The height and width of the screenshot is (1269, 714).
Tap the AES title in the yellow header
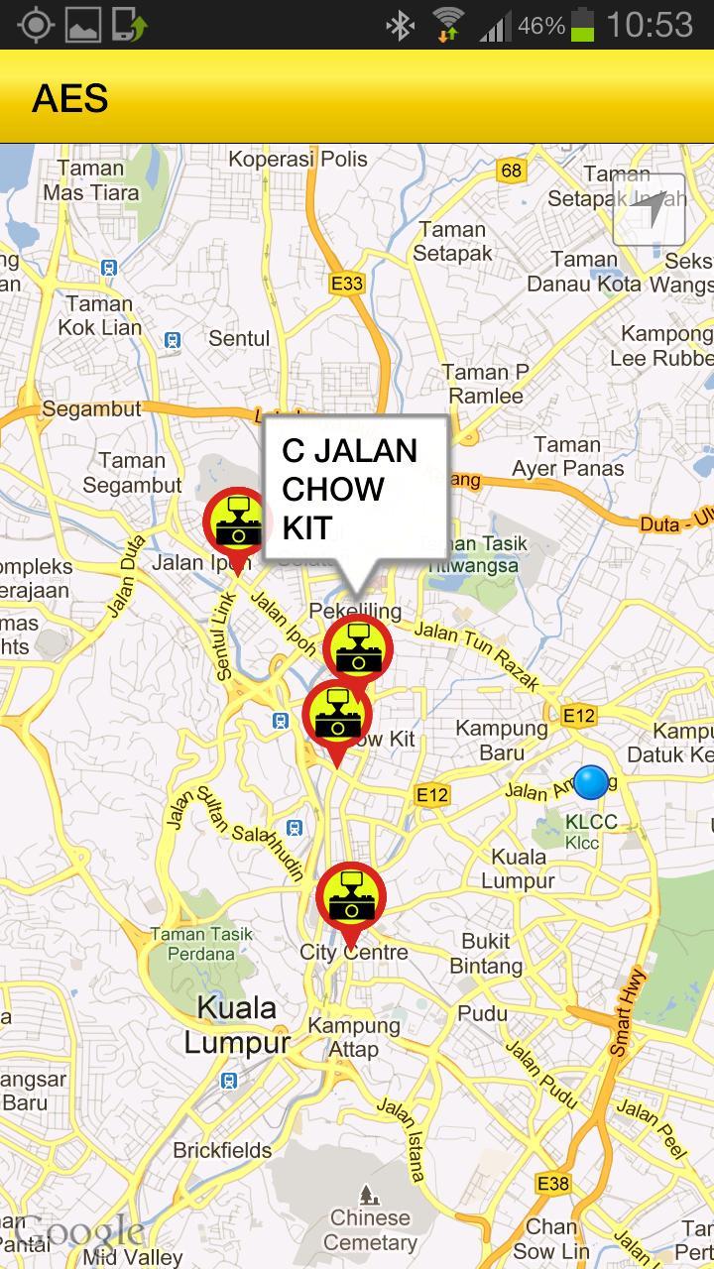coord(69,99)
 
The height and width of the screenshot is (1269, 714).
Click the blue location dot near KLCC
coord(591,782)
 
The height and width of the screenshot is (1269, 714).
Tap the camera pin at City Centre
coord(350,898)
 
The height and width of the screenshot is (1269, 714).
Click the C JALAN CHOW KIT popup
coord(354,490)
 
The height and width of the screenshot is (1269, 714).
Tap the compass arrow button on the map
coord(650,209)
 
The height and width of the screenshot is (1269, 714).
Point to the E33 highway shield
coord(346,284)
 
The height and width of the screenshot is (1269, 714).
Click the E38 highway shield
coord(552,1184)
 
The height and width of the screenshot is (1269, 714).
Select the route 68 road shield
coord(511,171)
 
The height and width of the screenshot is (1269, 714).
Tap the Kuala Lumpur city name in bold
coord(237,1025)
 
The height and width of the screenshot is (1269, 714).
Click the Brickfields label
coord(222,1150)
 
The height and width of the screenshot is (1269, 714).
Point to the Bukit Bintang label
coord(486,953)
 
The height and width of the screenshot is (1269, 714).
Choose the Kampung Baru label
coord(502,740)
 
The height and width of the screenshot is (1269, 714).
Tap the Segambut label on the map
coord(92,408)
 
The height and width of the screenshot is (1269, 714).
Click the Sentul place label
coord(239,339)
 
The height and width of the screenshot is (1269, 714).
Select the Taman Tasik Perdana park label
coord(202,944)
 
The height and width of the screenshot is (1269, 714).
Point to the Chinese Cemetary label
coord(370,1229)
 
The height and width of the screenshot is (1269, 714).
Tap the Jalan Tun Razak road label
coord(476,653)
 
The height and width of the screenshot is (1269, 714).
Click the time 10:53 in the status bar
coord(650,25)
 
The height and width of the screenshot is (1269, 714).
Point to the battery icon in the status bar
coord(583,25)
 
